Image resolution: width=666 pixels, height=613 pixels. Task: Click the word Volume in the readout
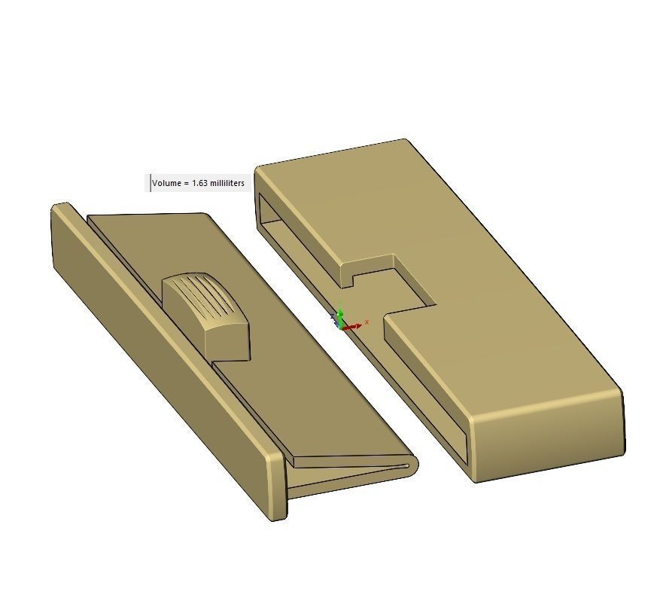166,183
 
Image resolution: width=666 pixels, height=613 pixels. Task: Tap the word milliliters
227,183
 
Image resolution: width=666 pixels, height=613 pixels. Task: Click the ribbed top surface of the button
199,295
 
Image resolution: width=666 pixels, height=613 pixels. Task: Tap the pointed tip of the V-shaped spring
411,465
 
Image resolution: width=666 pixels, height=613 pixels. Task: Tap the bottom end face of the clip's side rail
276,482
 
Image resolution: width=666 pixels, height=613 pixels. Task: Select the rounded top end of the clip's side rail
61,206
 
